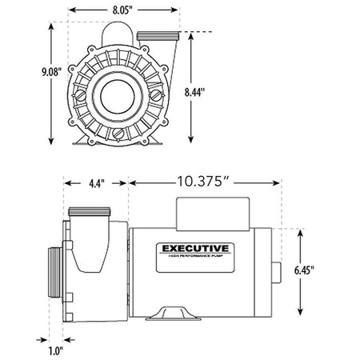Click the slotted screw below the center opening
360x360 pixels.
click(118, 132)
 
